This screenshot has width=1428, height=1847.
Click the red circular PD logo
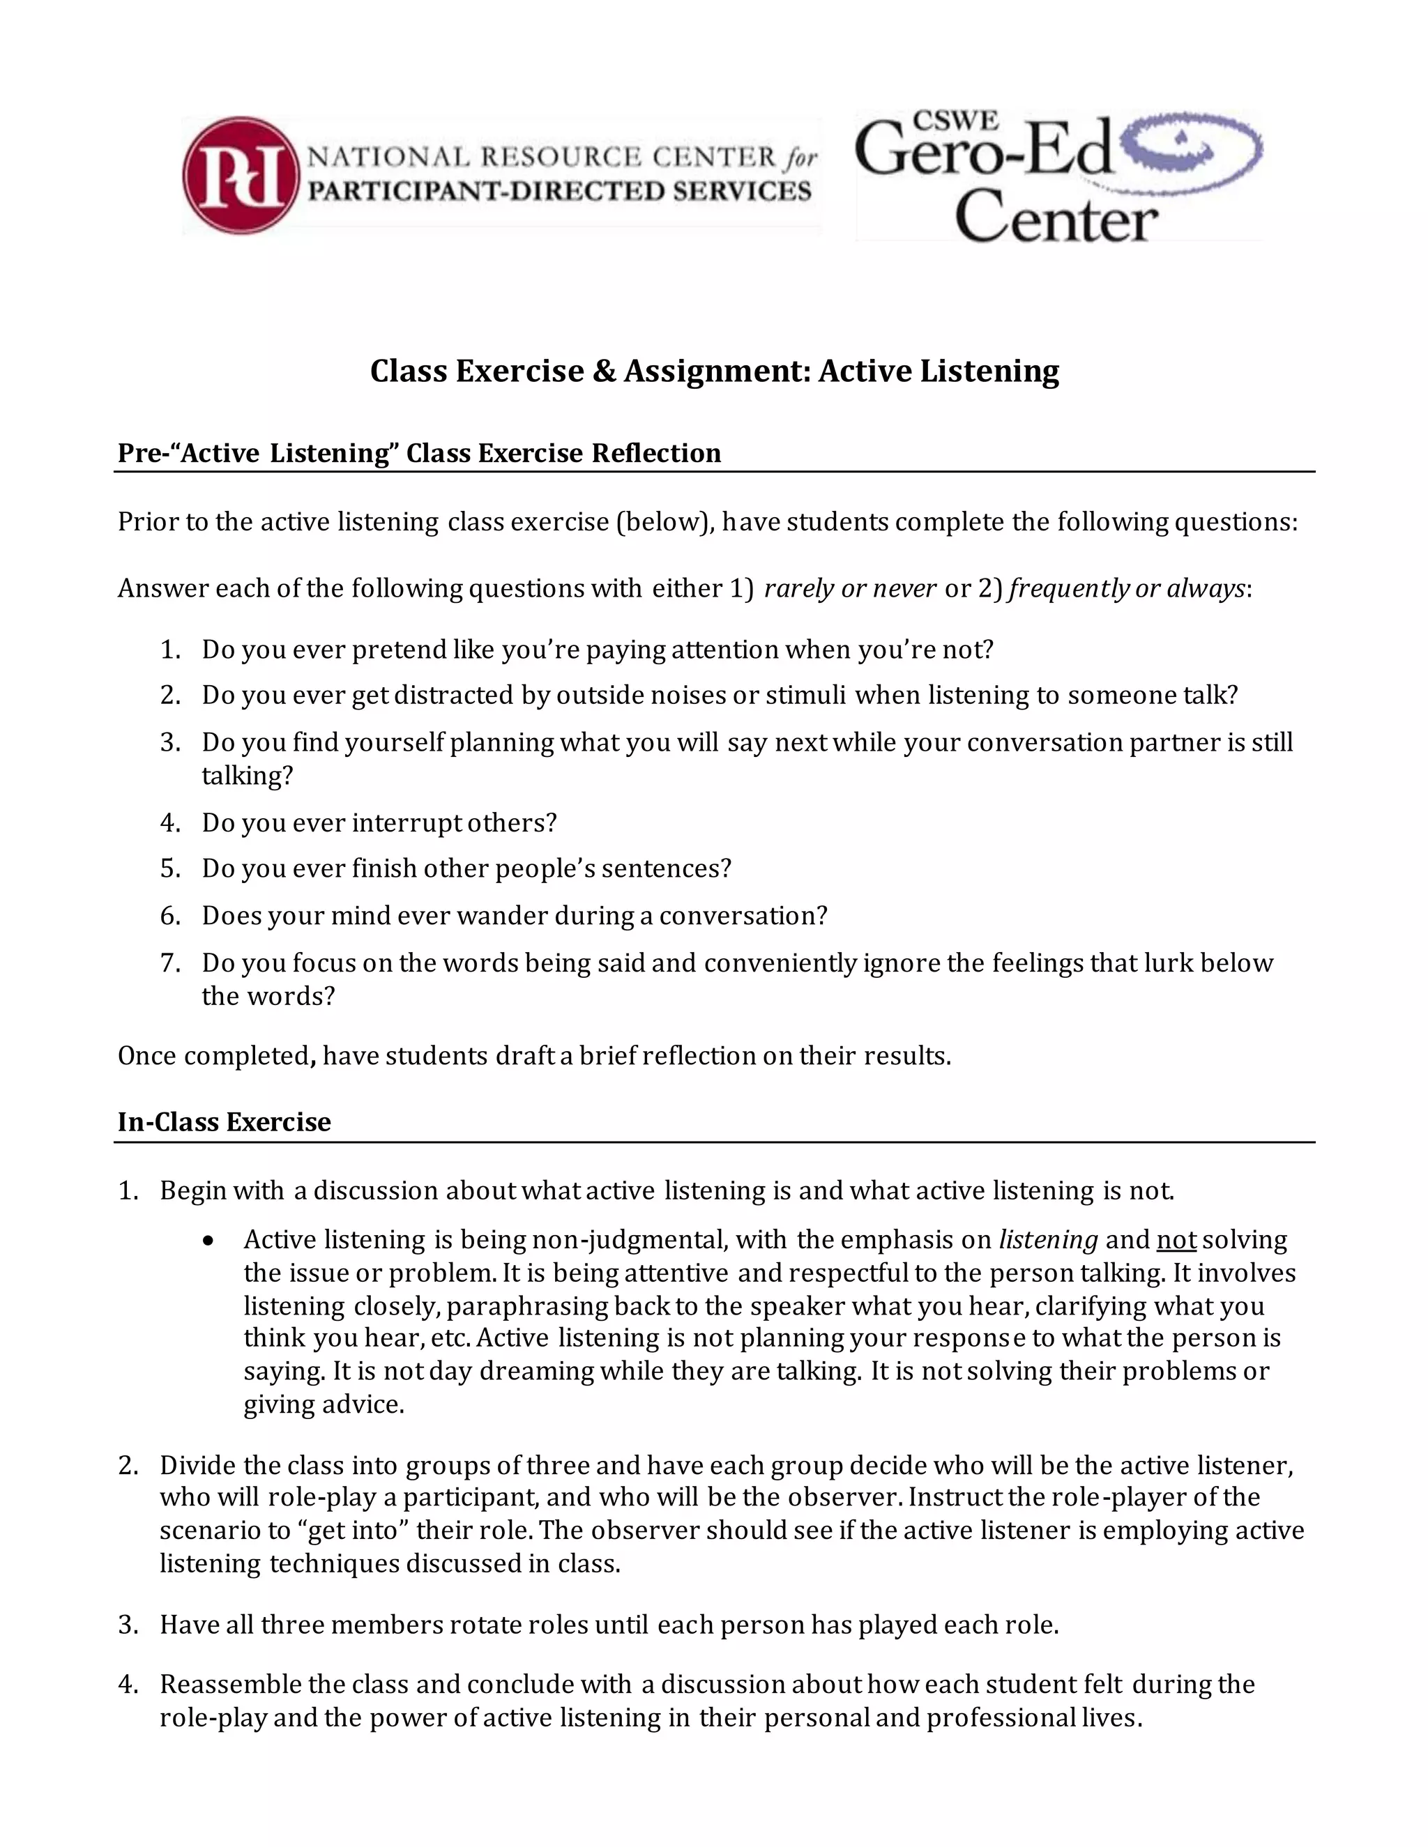coord(241,175)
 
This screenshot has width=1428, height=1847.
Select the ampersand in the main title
coord(603,371)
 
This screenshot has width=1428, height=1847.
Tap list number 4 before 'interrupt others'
coord(170,823)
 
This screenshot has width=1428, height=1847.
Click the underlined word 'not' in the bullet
coord(1176,1240)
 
